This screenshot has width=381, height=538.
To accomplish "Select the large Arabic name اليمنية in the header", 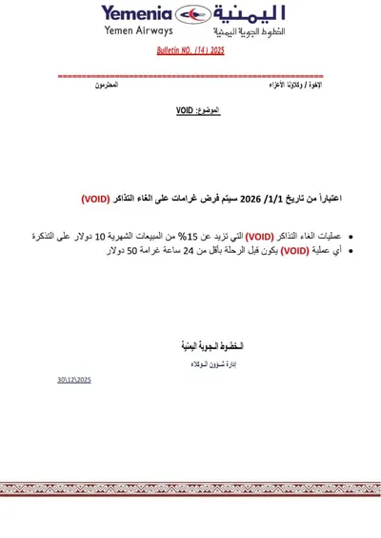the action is (x=247, y=16).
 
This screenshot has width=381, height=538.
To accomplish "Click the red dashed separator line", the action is (x=190, y=75).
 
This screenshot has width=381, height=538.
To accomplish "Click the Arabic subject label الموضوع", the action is (x=207, y=111).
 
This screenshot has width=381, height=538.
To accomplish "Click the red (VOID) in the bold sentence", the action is (x=95, y=199).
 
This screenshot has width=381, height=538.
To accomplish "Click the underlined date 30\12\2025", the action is (x=73, y=379).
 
